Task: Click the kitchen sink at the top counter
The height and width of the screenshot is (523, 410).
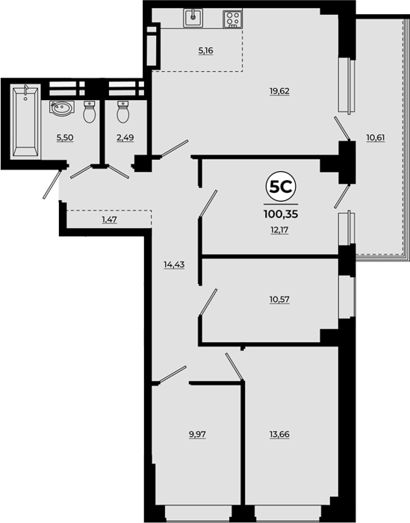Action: [x=193, y=18]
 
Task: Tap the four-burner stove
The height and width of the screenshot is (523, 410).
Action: [x=232, y=19]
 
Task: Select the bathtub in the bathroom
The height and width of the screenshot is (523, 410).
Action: [x=25, y=121]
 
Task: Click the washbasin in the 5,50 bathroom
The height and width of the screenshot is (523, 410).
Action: [x=60, y=108]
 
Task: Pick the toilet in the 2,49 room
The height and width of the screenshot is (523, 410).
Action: [x=122, y=112]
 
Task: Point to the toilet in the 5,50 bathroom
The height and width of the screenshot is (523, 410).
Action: [x=89, y=112]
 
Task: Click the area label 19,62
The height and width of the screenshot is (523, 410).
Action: [x=279, y=91]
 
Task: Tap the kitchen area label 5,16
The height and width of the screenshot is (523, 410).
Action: [x=205, y=51]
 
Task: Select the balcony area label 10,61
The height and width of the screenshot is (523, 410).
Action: [x=376, y=137]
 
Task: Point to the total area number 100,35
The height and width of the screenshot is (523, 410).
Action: [x=281, y=214]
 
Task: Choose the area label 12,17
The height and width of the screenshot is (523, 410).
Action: [x=279, y=230]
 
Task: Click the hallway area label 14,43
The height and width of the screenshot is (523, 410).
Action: [x=174, y=264]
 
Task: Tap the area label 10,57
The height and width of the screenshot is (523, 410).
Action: [x=279, y=300]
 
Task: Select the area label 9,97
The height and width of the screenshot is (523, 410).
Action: [x=197, y=435]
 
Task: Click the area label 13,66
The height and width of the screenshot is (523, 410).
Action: [x=279, y=435]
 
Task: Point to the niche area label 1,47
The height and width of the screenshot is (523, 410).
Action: [x=109, y=220]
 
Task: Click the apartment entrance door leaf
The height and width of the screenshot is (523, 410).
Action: [x=52, y=185]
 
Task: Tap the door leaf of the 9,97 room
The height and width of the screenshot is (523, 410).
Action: [x=172, y=374]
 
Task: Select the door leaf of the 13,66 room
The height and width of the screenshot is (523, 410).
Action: [x=234, y=367]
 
